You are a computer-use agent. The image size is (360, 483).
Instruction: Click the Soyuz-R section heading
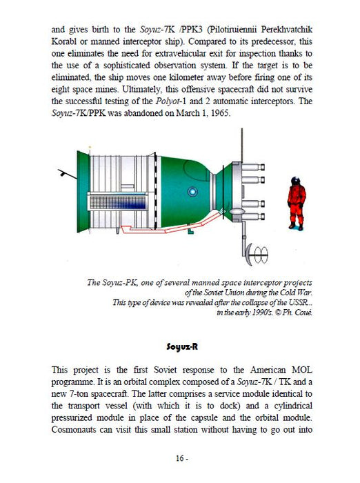(181, 347)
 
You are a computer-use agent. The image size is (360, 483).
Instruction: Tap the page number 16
(180, 458)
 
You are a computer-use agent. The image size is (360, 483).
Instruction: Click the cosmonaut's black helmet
(296, 181)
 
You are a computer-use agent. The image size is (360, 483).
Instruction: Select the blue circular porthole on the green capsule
(192, 192)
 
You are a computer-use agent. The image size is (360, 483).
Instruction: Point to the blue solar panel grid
(118, 202)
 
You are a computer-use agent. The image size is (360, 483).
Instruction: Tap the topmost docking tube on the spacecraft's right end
(253, 167)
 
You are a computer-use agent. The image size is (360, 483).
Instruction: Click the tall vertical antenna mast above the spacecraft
(242, 145)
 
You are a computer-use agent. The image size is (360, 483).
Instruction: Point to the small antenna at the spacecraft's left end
(67, 174)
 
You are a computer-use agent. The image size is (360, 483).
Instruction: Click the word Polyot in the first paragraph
(167, 101)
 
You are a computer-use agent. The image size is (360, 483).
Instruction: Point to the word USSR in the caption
(299, 302)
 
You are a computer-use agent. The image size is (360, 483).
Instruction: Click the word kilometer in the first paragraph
(181, 77)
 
